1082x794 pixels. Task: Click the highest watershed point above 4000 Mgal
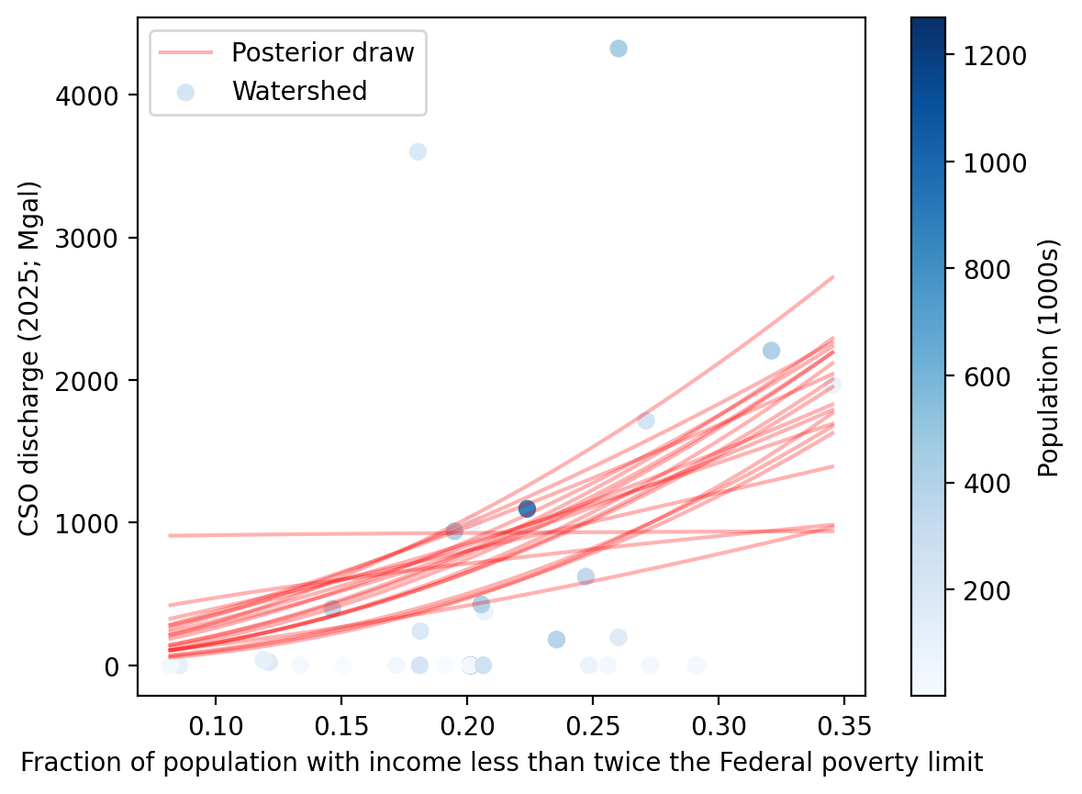(x=619, y=49)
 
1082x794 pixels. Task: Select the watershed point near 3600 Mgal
(x=418, y=151)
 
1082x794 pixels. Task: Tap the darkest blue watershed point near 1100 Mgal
(x=527, y=509)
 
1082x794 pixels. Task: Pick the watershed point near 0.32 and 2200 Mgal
(x=771, y=351)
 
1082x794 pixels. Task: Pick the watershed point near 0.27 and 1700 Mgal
(x=646, y=421)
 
